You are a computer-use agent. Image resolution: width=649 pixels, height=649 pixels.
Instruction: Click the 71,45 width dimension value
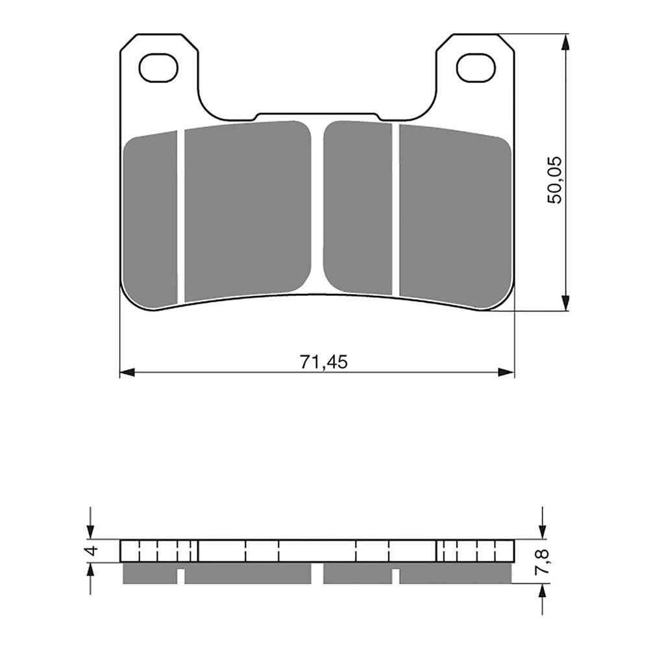[x=323, y=362]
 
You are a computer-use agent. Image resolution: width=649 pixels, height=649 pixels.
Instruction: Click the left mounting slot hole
[x=158, y=68]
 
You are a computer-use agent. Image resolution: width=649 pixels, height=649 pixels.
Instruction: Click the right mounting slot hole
[x=475, y=68]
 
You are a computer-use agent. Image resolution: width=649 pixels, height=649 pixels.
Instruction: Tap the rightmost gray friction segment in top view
[x=454, y=214]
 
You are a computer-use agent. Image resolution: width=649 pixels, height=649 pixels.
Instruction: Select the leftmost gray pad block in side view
[x=149, y=572]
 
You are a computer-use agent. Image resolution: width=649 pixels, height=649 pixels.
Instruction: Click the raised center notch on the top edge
[x=318, y=116]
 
